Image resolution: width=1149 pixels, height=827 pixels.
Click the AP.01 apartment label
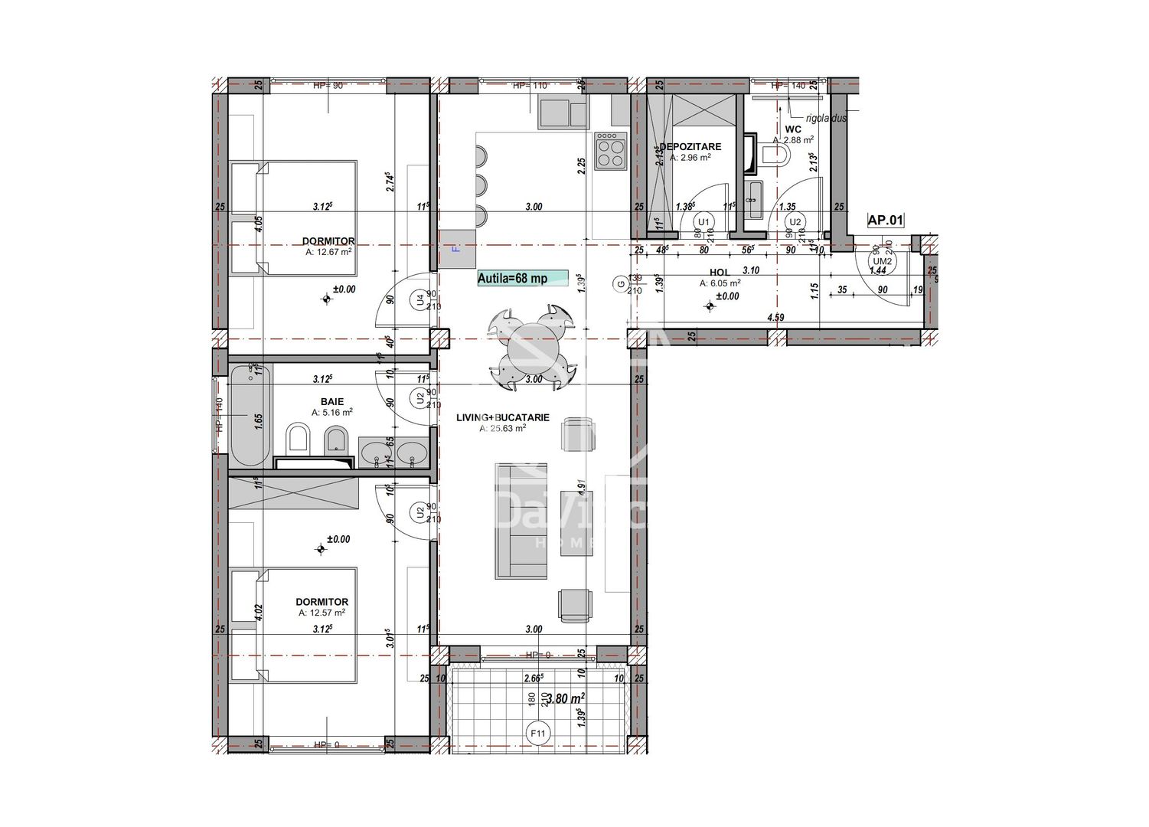point(885,221)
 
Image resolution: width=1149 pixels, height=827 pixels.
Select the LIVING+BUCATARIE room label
point(502,417)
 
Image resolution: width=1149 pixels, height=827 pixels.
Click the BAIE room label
point(331,401)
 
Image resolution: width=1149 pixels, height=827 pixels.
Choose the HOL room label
point(719,272)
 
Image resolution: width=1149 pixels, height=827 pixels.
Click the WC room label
point(792,129)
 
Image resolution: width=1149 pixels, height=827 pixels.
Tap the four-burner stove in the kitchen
point(611,150)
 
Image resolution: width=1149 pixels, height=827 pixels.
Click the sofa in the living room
point(521,521)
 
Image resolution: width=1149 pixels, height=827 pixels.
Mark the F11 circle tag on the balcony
point(539,733)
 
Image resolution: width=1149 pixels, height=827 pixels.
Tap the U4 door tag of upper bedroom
point(419,300)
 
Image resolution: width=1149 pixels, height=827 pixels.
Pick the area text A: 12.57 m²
point(322,613)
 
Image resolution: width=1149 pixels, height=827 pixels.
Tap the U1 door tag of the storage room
point(703,222)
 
